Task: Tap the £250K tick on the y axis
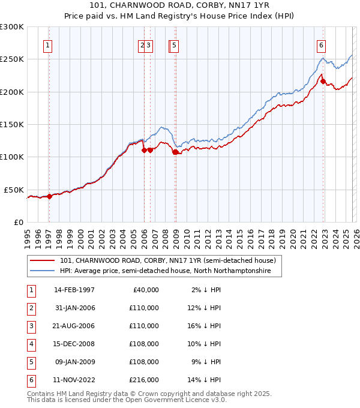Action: pos(11,59)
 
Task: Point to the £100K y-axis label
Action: pos(11,157)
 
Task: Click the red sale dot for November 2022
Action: pos(323,82)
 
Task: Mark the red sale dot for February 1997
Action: pos(50,196)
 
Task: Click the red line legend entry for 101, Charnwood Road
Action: pos(167,261)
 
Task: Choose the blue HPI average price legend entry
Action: pos(165,271)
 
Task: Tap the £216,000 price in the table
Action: pos(144,380)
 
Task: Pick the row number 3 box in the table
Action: pos(30,326)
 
